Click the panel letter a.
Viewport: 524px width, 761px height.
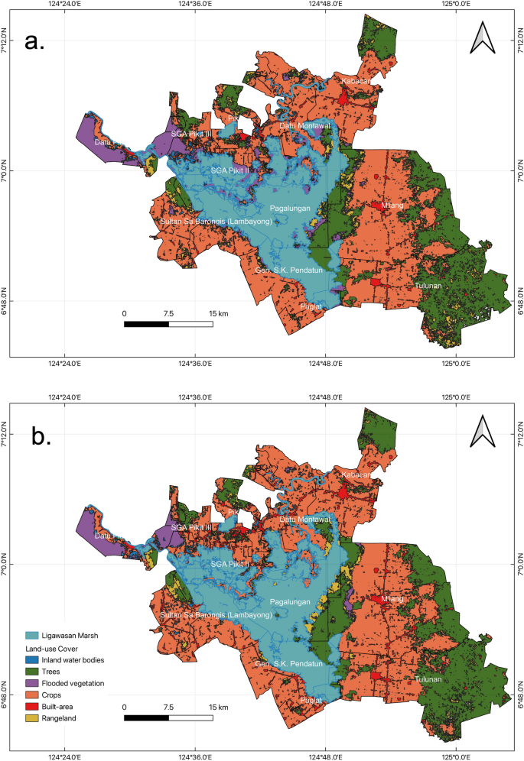tap(35, 42)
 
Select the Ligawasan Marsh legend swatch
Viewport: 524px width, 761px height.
tap(31, 635)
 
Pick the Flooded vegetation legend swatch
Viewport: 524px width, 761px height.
tap(31, 682)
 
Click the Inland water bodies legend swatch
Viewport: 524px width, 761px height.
tap(31, 659)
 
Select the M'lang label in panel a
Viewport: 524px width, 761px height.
tap(392, 206)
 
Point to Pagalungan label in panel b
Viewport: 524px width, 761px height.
tap(290, 602)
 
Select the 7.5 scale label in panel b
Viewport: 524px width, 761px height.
tap(168, 707)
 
